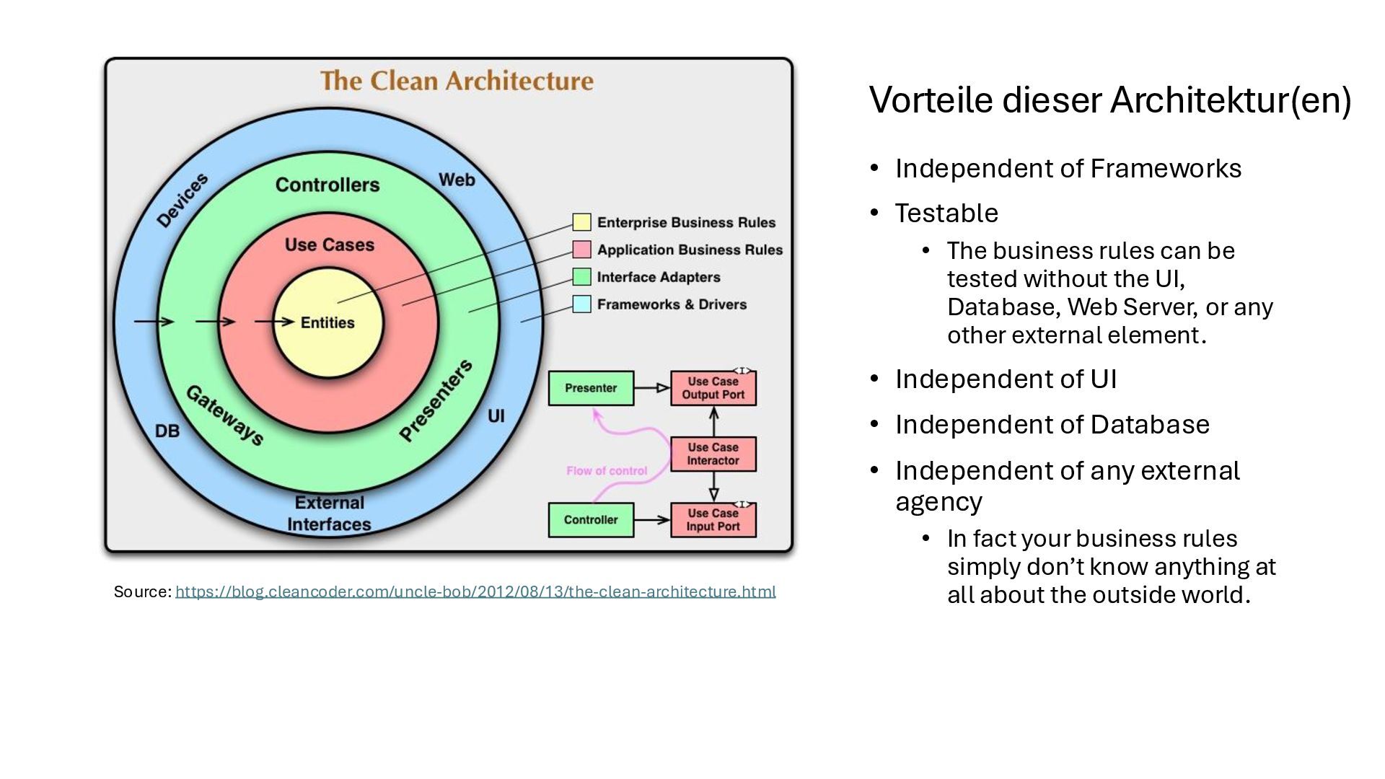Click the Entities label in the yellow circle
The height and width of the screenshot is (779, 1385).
[x=327, y=322]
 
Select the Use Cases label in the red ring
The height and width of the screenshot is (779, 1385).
[x=329, y=245]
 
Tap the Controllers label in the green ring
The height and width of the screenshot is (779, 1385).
[x=327, y=185]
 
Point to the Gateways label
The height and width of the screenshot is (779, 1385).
[x=224, y=415]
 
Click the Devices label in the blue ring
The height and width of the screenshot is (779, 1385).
[x=183, y=200]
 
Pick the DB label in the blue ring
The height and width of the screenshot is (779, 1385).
[x=167, y=431]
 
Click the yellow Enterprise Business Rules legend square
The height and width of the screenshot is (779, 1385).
[x=581, y=222]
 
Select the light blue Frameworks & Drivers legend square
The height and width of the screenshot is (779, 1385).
[x=581, y=304]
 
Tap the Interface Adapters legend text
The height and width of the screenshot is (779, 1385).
[x=658, y=277]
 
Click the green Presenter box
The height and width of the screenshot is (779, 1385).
[x=591, y=388]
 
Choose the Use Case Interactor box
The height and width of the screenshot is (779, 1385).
[x=713, y=454]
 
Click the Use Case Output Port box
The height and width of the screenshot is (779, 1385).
[x=713, y=388]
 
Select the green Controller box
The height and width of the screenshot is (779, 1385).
[x=591, y=519]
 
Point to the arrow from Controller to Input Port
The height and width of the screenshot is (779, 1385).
[x=652, y=519]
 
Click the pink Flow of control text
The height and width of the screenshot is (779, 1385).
[x=607, y=471]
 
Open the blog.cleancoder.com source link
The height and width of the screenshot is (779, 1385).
[x=475, y=591]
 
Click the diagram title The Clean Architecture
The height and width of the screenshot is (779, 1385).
[x=457, y=81]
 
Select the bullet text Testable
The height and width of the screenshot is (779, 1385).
[x=946, y=213]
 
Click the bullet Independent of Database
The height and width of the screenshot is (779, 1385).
[x=1052, y=424]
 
